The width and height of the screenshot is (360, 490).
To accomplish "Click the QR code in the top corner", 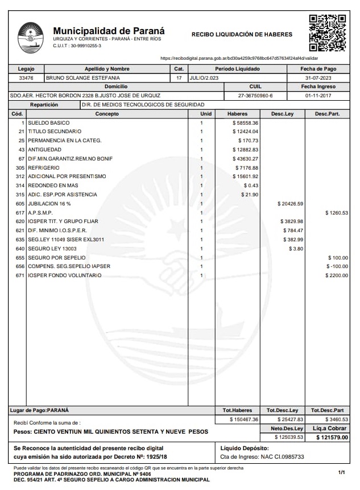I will (x=327, y=33).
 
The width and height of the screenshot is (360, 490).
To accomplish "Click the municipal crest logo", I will (x=31, y=38).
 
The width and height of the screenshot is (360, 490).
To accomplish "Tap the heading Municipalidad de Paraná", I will (x=109, y=31).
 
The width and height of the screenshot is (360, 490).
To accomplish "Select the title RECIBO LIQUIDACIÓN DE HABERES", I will (x=242, y=35).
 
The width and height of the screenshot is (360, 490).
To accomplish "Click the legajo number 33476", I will (x=26, y=77).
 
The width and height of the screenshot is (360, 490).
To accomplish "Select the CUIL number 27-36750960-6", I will (x=255, y=96).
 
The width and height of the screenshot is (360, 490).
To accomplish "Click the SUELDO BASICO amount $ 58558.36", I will (x=245, y=123).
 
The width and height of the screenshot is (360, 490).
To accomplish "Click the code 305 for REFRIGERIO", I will (x=20, y=168).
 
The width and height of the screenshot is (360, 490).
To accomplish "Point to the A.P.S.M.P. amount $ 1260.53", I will (x=336, y=213).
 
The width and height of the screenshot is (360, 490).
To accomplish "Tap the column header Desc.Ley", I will (x=282, y=114).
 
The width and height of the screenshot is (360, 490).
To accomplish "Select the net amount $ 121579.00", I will (x=332, y=437).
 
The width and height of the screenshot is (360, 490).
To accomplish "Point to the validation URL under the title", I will (x=239, y=58).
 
